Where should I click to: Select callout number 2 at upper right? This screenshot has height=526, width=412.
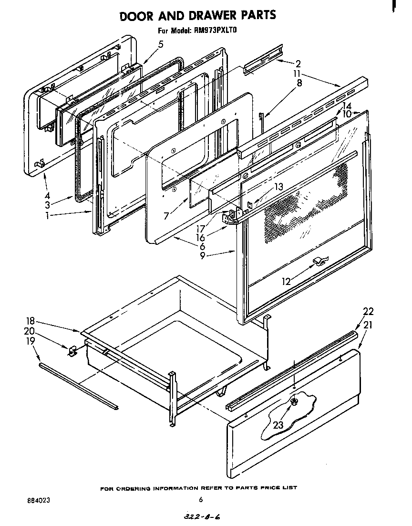pyautogui.click(x=298, y=63)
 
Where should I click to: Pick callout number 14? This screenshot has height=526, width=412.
pyautogui.click(x=347, y=106)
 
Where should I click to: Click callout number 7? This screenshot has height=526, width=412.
pyautogui.click(x=166, y=216)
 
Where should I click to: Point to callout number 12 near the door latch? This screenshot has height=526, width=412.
pyautogui.click(x=286, y=282)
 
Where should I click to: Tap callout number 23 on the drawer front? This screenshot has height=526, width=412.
pyautogui.click(x=278, y=424)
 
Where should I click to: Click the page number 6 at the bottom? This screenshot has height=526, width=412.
pyautogui.click(x=201, y=500)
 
